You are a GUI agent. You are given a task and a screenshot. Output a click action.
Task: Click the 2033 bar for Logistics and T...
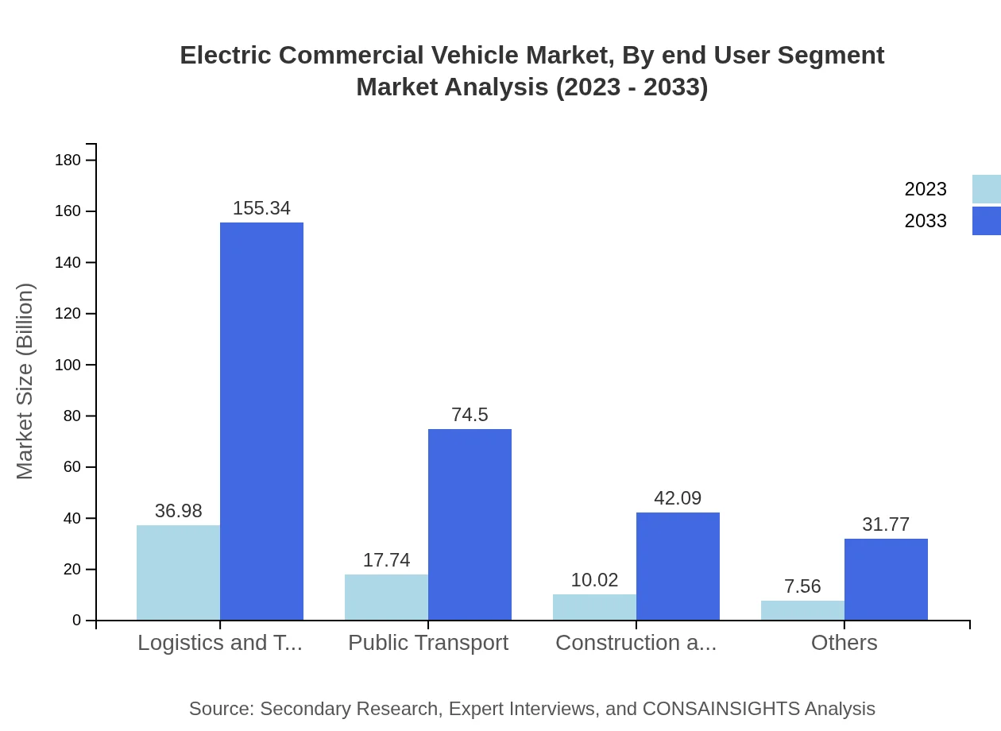[x=261, y=421]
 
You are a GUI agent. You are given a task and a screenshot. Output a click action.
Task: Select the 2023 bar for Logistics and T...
[x=178, y=572]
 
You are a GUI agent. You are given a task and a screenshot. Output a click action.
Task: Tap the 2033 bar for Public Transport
[x=470, y=524]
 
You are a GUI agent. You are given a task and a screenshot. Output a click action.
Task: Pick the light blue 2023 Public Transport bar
[x=386, y=597]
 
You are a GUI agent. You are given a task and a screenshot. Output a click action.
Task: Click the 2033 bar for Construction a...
[x=678, y=566]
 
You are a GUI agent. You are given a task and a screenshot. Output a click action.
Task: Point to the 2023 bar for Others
[x=802, y=610]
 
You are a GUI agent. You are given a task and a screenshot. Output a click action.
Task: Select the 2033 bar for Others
[x=886, y=579]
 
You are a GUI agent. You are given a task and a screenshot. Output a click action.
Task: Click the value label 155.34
[x=261, y=208]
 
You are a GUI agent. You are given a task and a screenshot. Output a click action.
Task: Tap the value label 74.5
[x=470, y=415]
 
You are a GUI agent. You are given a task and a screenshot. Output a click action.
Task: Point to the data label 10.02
[x=594, y=580]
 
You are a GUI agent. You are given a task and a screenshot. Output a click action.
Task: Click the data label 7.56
[x=802, y=586]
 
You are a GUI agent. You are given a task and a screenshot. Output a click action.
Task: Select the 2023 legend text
[x=926, y=189]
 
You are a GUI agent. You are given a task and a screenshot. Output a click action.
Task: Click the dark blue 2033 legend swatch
[x=987, y=221]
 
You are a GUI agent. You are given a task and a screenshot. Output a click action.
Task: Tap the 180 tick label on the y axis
[x=68, y=161]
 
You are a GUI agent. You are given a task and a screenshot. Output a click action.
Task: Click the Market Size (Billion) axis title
[x=25, y=381]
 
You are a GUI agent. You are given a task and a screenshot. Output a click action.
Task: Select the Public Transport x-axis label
[x=428, y=643]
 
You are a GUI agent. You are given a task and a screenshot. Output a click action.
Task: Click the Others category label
[x=844, y=643]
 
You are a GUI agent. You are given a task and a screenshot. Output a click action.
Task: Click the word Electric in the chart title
[x=224, y=56]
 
